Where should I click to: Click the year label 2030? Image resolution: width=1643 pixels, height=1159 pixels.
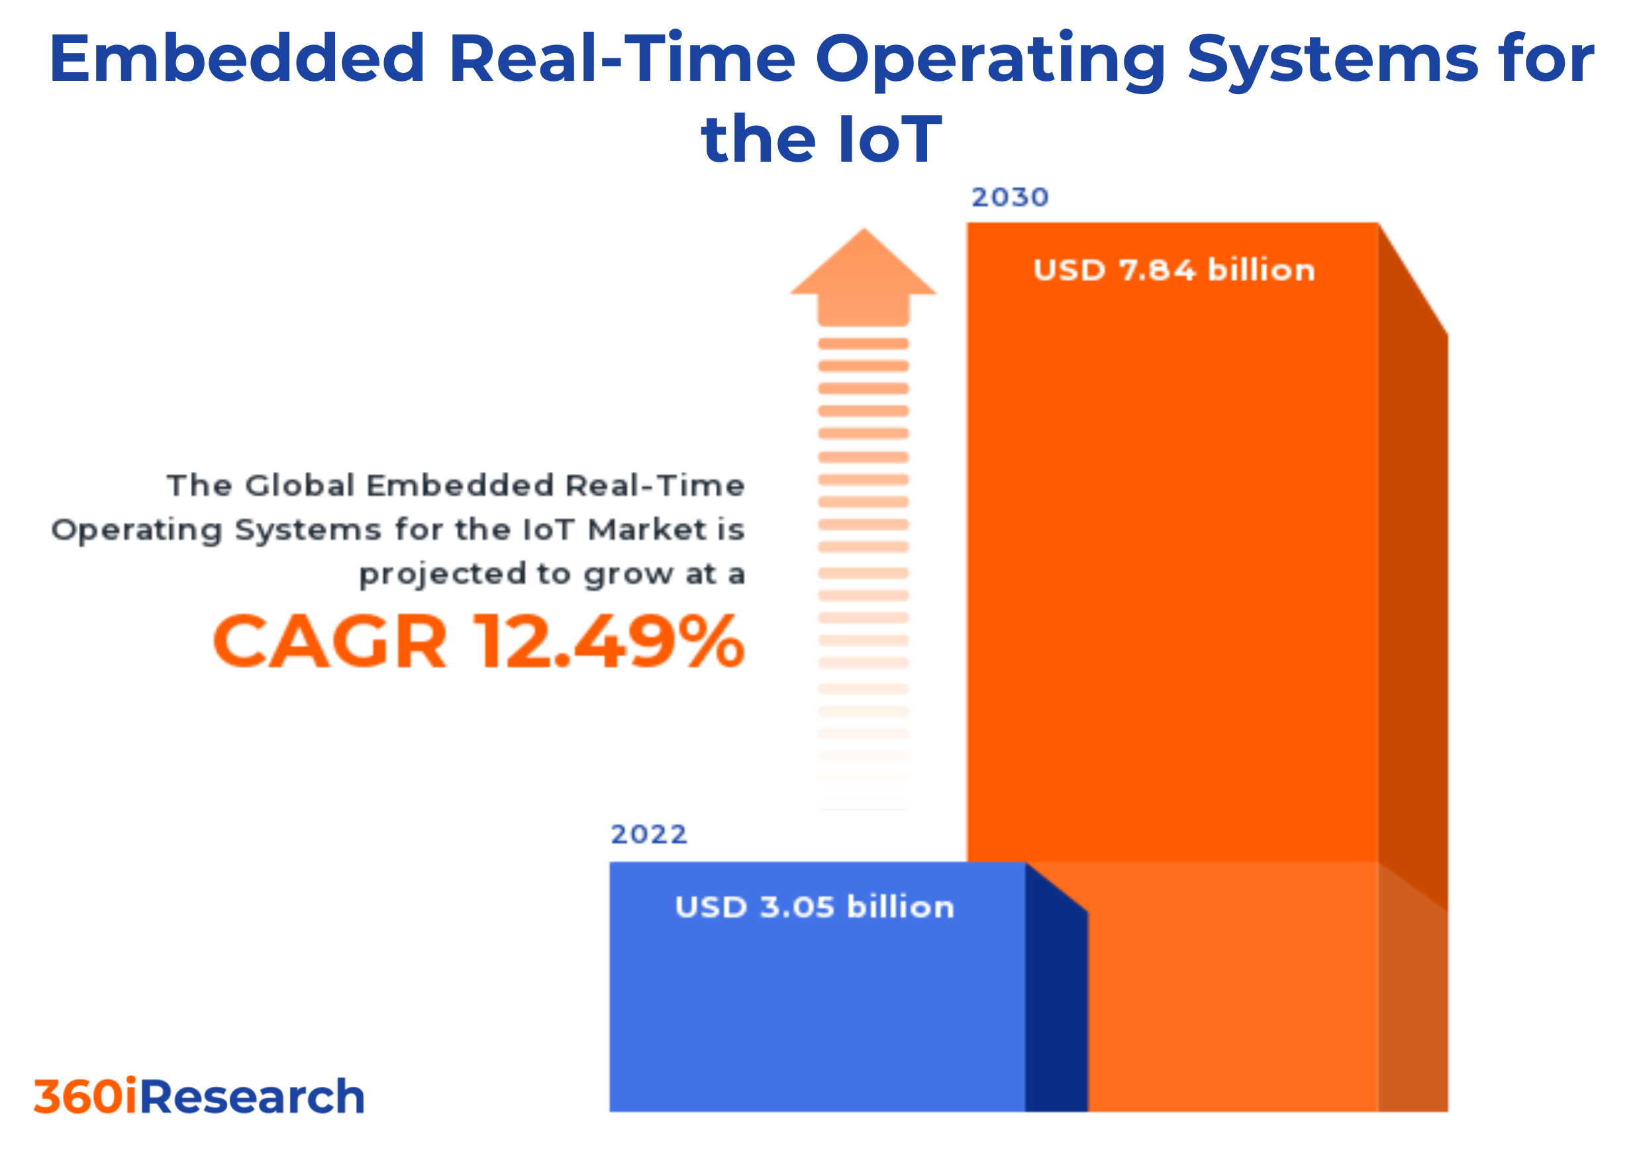point(1010,197)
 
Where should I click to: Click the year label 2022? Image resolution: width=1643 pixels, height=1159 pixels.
point(648,835)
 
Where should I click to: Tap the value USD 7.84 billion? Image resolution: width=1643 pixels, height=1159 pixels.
point(1173,270)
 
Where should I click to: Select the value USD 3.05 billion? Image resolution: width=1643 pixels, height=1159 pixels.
point(815,908)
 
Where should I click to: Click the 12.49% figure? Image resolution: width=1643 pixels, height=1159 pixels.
point(608,642)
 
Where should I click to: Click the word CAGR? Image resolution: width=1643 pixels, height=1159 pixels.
point(330,642)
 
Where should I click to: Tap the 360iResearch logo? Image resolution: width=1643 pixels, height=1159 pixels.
point(199,1097)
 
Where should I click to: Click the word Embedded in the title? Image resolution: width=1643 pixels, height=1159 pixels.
point(237,59)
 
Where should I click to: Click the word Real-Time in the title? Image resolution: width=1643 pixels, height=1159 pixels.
point(622,59)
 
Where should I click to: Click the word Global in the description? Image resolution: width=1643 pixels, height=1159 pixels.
point(300,486)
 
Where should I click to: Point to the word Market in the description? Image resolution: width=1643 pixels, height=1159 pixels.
point(647,530)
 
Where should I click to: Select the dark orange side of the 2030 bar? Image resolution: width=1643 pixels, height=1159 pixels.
point(1413,608)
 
